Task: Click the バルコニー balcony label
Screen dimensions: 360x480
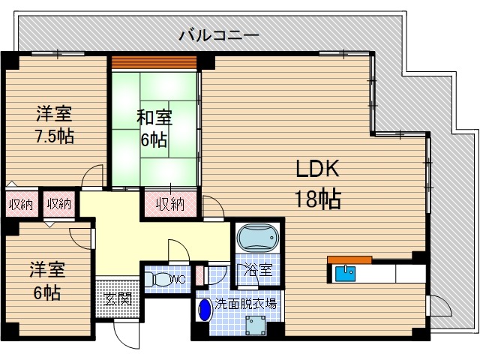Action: coord(220,34)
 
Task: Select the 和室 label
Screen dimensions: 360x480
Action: coord(154,118)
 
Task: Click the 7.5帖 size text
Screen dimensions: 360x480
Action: coord(53,137)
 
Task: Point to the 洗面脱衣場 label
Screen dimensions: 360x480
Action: coord(244,304)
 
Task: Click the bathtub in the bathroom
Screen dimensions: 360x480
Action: coord(256,240)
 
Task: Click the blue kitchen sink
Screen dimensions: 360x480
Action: coord(346,272)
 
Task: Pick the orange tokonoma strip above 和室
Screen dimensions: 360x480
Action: coord(154,61)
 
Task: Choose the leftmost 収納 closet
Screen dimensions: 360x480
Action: coord(20,202)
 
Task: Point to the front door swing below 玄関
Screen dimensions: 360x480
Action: coord(124,334)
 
